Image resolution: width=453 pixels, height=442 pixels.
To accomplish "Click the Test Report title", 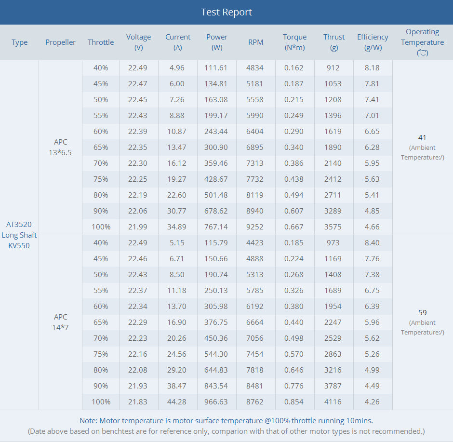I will click(226, 12).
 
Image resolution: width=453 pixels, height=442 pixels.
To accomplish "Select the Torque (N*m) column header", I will click(294, 42).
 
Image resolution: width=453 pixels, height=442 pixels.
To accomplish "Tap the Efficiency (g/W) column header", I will click(373, 42).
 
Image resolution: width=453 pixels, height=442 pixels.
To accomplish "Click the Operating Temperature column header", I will click(422, 42).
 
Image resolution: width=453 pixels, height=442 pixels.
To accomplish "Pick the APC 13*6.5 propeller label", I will click(61, 147).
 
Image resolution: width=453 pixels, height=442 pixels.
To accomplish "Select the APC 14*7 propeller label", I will click(61, 322).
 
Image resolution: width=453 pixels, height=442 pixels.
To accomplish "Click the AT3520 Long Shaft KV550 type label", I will click(19, 235).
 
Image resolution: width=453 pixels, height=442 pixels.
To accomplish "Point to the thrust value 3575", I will click(333, 227).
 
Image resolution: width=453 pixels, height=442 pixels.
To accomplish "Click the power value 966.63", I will click(216, 402).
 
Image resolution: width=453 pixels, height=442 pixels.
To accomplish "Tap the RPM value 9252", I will click(255, 227).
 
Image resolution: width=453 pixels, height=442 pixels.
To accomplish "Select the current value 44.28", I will click(177, 402).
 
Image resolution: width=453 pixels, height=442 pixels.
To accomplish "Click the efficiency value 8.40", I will click(372, 242).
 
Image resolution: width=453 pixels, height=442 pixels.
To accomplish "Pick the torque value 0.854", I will click(294, 402).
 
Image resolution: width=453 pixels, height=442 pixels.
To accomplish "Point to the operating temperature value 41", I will click(422, 137).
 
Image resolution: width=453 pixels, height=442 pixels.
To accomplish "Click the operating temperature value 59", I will click(422, 312).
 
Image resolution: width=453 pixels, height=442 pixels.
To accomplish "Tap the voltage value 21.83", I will click(138, 402).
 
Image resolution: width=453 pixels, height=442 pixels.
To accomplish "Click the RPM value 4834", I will click(255, 67).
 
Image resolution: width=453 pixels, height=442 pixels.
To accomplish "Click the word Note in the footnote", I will click(88, 420).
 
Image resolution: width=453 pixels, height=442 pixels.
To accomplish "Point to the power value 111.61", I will click(216, 67).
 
